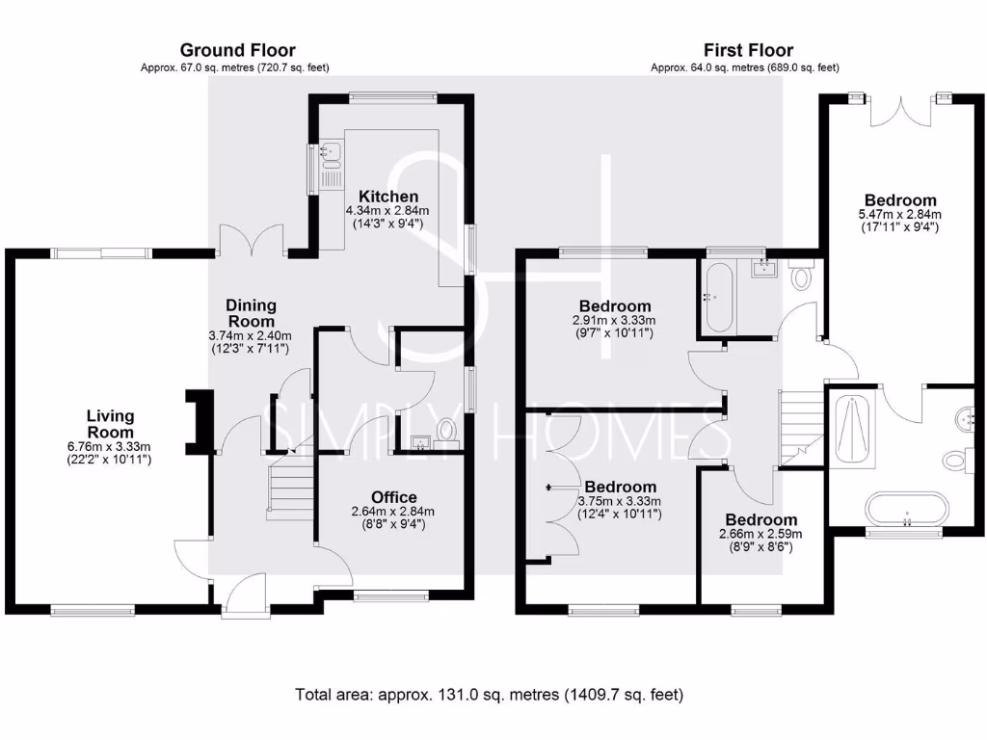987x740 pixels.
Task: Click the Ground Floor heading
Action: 237,50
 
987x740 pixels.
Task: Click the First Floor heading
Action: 748,50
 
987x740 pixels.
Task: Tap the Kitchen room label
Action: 387,197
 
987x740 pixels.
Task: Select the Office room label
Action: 393,497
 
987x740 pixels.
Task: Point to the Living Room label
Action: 110,424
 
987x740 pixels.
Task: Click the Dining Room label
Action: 251,313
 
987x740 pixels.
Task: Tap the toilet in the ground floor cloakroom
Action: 447,431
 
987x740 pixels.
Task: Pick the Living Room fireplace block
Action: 200,421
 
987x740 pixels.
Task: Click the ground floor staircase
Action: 290,488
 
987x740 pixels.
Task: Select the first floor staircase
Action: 801,428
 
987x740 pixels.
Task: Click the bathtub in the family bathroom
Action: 717,298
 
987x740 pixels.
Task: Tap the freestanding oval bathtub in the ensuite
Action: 906,509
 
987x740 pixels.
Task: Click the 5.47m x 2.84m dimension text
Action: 900,215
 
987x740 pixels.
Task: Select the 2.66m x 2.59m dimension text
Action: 760,534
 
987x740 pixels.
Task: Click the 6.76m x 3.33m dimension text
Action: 109,447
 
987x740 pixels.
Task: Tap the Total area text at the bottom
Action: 489,695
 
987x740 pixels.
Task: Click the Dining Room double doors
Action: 253,240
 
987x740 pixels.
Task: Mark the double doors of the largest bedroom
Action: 900,111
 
